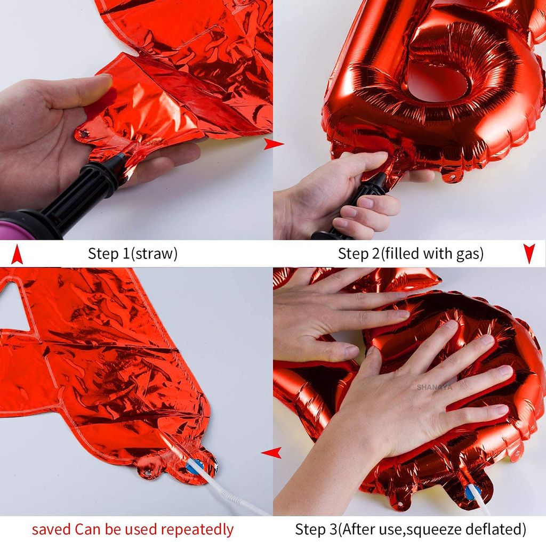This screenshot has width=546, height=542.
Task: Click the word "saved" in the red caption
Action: coord(51,529)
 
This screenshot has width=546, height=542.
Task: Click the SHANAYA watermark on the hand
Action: coord(434,387)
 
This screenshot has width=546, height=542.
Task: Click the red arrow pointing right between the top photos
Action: coord(274,143)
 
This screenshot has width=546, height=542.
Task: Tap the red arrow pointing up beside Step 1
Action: coord(17,254)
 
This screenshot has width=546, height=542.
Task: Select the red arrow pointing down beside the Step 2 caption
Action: coord(529,254)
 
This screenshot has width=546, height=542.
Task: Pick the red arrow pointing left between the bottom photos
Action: coord(271,453)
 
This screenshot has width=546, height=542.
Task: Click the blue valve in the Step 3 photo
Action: coord(471,491)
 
